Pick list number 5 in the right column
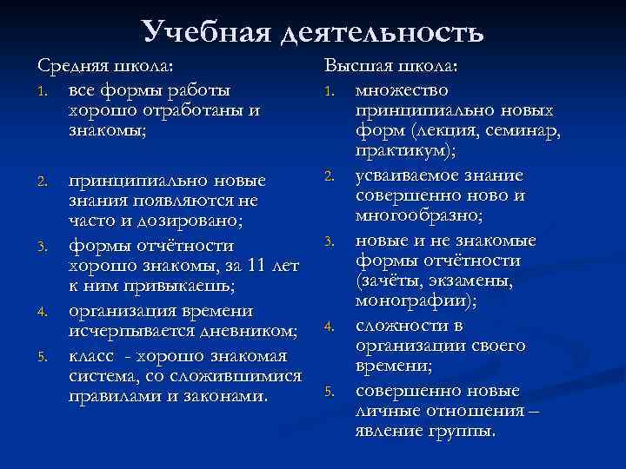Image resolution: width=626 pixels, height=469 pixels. (x=330, y=391)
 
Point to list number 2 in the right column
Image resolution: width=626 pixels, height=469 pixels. (x=330, y=176)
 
